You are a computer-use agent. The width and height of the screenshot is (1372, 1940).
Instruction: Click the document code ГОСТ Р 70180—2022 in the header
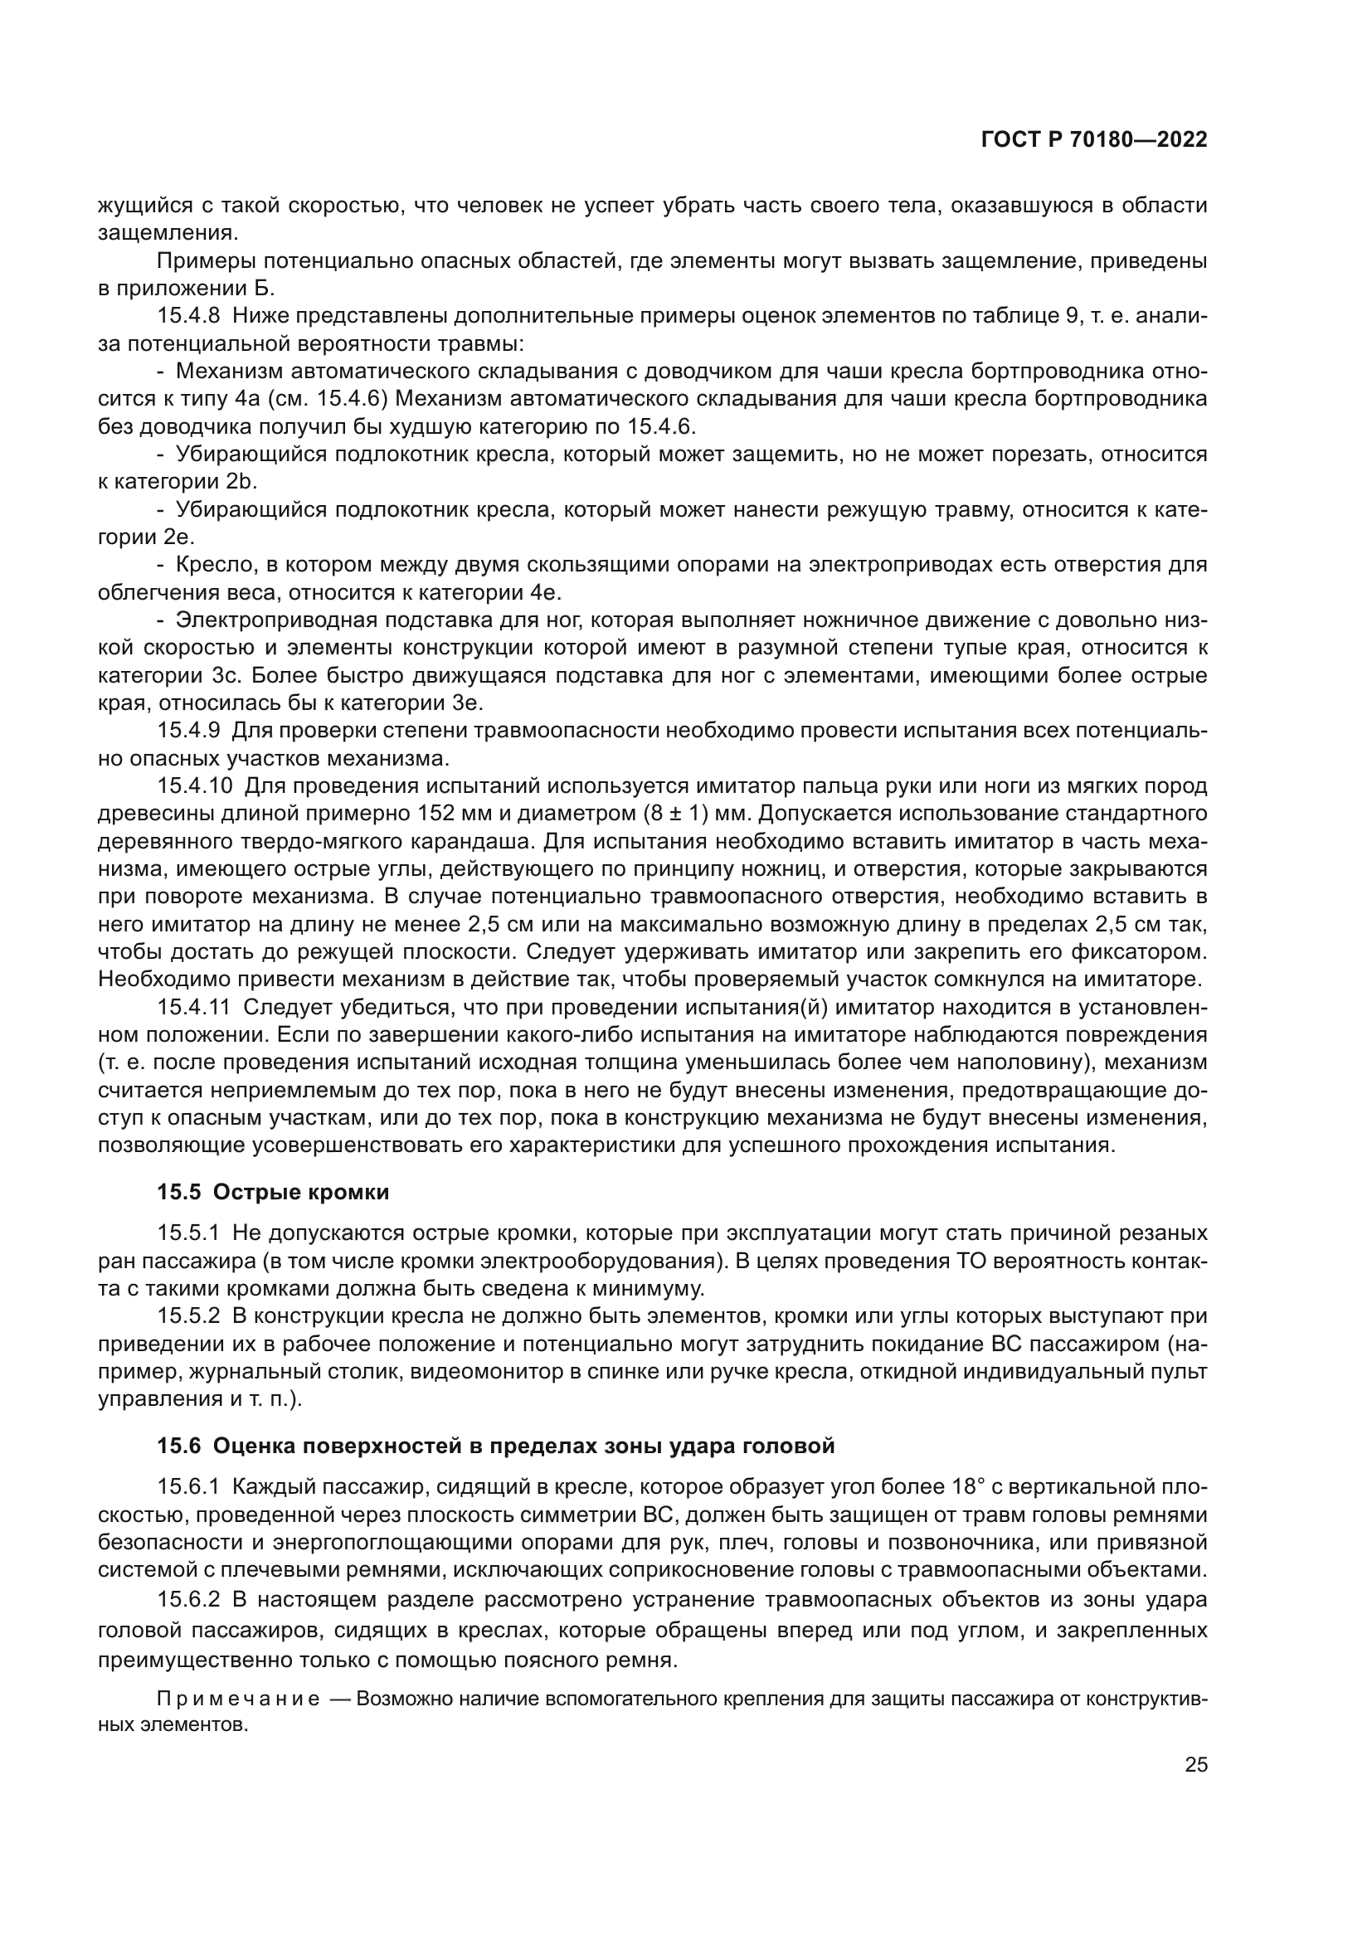pos(1094,140)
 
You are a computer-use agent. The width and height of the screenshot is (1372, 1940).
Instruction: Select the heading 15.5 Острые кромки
pos(273,1192)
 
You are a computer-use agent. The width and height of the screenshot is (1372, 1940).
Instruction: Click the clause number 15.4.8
pos(188,316)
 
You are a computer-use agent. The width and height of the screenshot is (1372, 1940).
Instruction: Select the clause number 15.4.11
pos(194,1007)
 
